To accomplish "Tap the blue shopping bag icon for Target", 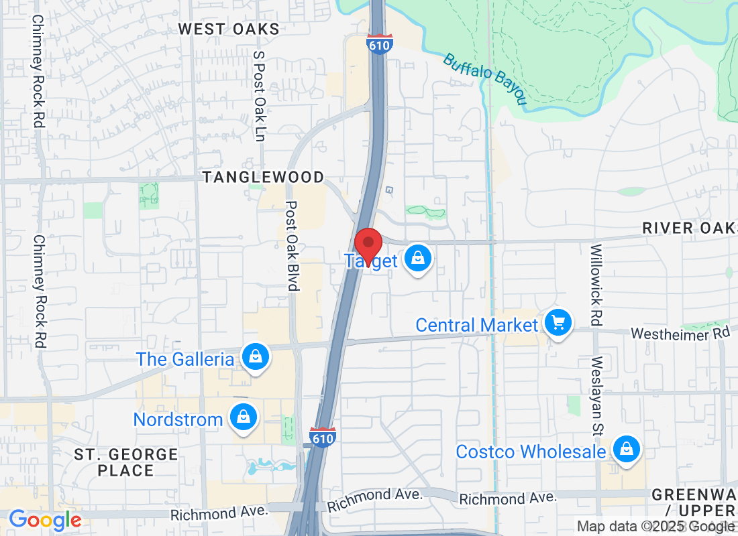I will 418,260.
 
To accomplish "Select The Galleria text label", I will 185,359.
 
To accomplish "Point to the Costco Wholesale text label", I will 530,452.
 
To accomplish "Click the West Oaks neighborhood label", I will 229,29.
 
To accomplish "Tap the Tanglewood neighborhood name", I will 264,177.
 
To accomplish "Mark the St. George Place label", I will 125,462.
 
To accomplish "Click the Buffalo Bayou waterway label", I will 484,79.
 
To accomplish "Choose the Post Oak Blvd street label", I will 292,246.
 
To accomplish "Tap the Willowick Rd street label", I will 596,281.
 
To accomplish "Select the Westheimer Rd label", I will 680,333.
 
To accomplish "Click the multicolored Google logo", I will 45,520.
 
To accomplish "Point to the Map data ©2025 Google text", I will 655,527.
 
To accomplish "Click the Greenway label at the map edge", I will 694,494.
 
